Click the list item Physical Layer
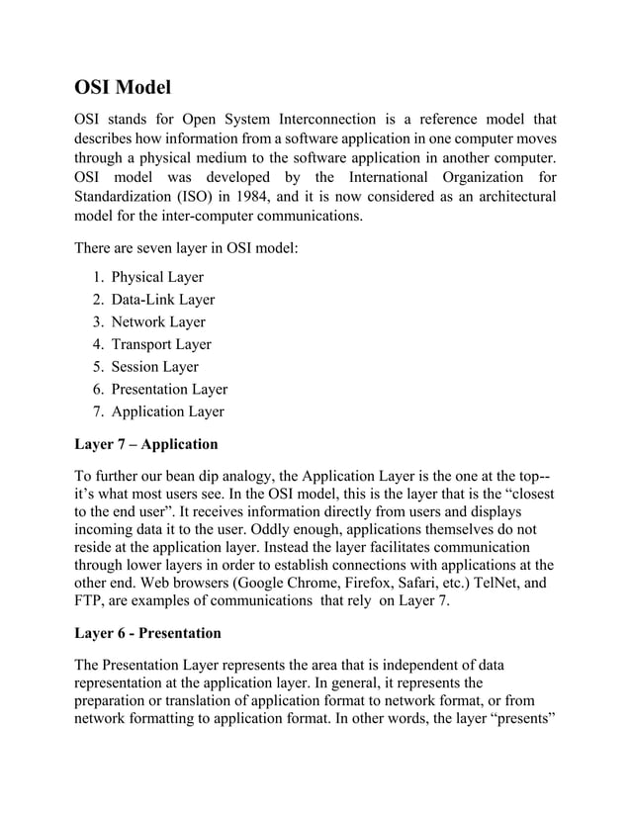tap(157, 277)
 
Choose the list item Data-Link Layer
tap(162, 300)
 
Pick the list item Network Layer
tap(158, 322)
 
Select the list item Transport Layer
tap(161, 345)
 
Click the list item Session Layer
tap(155, 367)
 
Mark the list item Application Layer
tap(167, 412)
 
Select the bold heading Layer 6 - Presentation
tap(148, 632)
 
